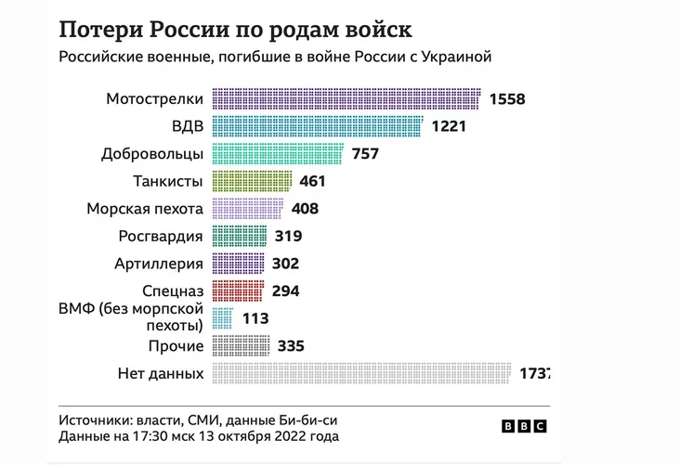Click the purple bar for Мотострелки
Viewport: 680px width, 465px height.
point(347,98)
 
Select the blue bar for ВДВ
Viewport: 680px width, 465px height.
point(318,126)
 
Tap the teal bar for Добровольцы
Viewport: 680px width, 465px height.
point(278,153)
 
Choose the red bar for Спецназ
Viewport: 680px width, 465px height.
point(240,291)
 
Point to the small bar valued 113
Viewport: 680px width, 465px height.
point(222,318)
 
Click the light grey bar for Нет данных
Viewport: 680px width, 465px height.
point(361,373)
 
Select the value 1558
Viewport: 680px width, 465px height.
point(509,99)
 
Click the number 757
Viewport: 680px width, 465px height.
point(366,154)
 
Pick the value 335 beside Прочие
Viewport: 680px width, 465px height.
point(292,346)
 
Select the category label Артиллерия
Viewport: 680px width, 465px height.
point(160,264)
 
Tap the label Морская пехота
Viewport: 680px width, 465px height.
point(145,209)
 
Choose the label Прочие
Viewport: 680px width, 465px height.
point(177,346)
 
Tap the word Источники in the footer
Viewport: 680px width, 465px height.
point(97,418)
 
